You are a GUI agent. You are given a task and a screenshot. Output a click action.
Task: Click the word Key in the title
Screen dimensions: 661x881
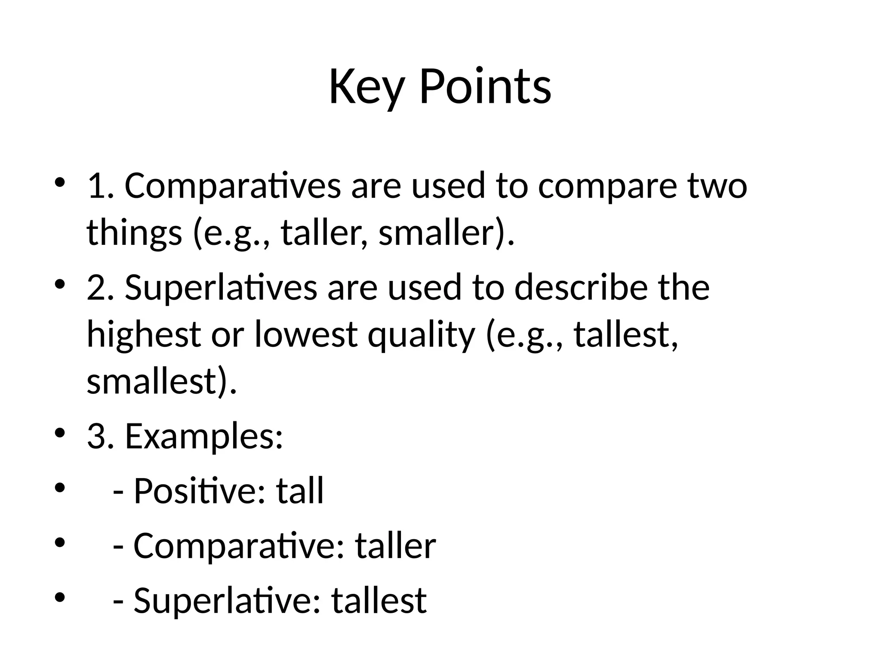click(x=367, y=87)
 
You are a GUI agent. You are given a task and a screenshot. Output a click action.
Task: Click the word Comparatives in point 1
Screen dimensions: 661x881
click(x=233, y=186)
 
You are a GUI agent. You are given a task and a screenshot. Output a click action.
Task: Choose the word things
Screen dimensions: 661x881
click(x=134, y=232)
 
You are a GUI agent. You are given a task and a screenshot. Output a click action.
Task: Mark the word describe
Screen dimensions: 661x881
click(x=581, y=287)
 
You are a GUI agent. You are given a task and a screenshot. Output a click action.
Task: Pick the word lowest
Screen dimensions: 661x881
click(x=306, y=334)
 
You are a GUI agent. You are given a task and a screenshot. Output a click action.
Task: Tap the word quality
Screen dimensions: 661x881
click(x=421, y=334)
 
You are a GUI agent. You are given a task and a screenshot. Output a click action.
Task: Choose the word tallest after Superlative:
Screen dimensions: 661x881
click(x=379, y=600)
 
